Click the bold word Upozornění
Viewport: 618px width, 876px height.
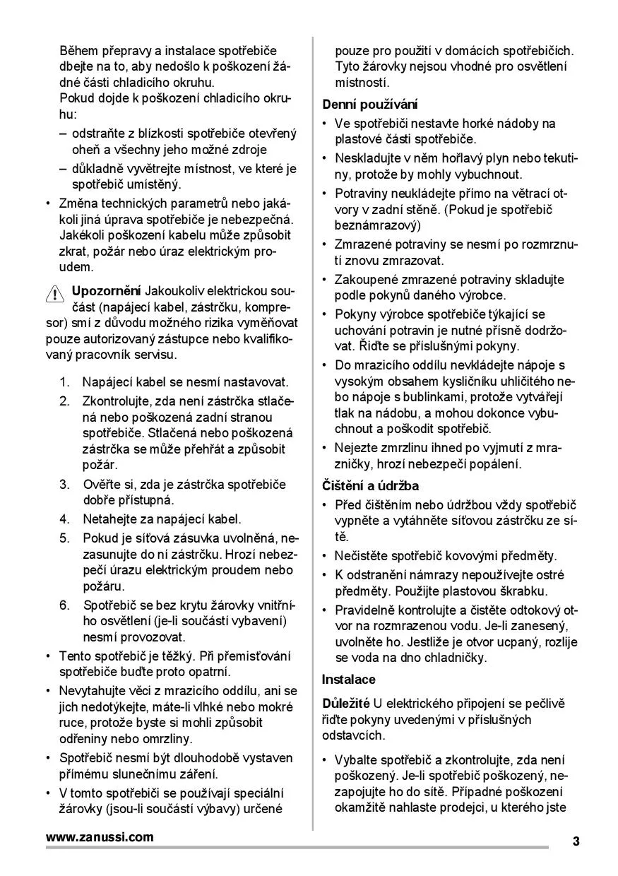tap(106, 291)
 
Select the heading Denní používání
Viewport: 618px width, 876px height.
tap(370, 104)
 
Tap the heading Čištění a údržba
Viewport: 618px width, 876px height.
tap(371, 486)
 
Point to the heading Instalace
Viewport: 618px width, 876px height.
tap(349, 680)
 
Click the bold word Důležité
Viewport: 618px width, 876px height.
tap(346, 704)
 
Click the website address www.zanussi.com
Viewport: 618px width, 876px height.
tap(100, 837)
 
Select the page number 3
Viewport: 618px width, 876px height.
tap(576, 841)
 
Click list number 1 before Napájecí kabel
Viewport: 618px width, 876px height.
tap(65, 382)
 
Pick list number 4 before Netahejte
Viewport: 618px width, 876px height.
tap(65, 519)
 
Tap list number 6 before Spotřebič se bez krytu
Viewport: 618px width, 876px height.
tap(65, 605)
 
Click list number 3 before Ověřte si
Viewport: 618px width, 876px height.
tap(65, 485)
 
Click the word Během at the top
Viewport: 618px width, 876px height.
tap(79, 51)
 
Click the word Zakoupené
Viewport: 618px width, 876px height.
tap(367, 279)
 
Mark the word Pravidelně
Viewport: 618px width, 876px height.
tap(368, 609)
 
